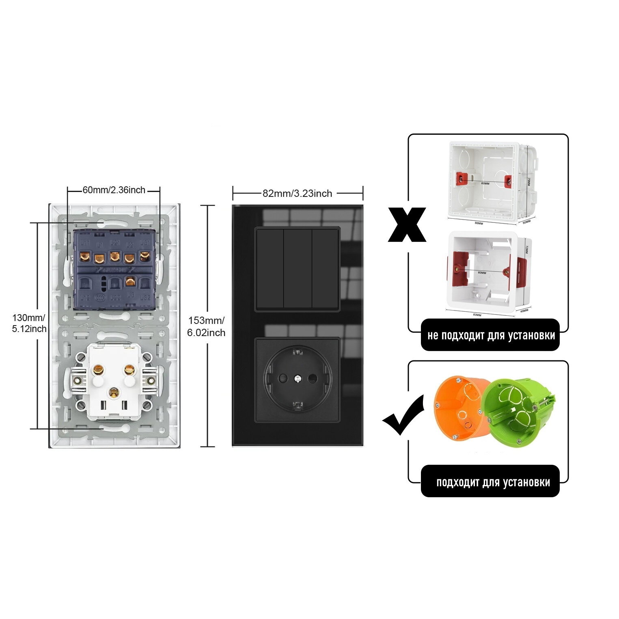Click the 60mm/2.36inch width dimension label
(x=114, y=190)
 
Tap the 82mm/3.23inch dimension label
(x=297, y=194)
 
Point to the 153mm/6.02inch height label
(x=206, y=327)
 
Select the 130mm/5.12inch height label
(x=29, y=323)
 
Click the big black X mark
(x=407, y=224)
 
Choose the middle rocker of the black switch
(x=297, y=269)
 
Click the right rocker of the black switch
(x=325, y=269)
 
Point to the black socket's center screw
(x=298, y=379)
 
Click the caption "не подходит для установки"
(x=490, y=336)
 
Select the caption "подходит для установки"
(x=492, y=482)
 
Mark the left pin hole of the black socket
(x=283, y=379)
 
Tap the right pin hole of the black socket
(x=312, y=379)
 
